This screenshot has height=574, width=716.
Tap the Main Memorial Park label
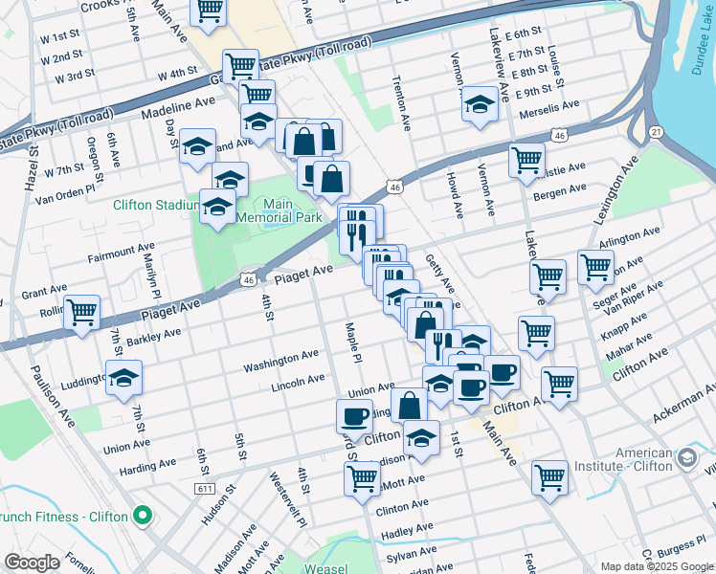279,210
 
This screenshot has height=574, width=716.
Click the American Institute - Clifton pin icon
686,459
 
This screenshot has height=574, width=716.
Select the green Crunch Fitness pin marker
144,517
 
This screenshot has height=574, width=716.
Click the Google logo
33,563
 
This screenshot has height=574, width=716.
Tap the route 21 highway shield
656,131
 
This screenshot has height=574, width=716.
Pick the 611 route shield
203,489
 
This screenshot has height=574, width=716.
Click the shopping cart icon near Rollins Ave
82,311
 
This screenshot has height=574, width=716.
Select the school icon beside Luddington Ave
124,378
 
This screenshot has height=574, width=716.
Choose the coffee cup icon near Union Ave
354,416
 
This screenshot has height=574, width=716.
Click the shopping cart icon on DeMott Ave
362,477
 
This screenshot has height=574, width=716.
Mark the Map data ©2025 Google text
656,566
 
